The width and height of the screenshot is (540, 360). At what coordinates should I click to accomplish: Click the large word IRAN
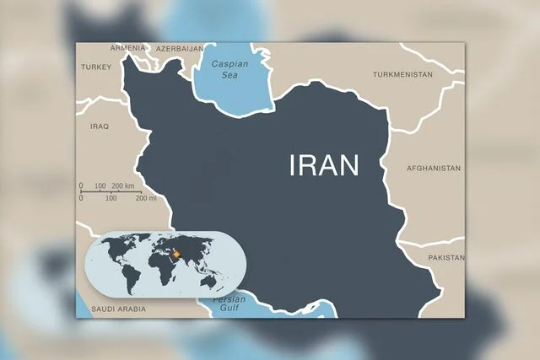[x=324, y=164]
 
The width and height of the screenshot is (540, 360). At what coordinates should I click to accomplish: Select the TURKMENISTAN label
[x=402, y=75]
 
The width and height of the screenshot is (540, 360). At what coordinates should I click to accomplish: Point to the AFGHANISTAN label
[x=433, y=169]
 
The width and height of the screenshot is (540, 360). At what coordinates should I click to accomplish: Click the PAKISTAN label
[x=445, y=256]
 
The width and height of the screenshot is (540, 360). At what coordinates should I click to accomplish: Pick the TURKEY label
[x=95, y=67]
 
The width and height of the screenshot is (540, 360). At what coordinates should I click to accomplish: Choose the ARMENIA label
[x=129, y=48]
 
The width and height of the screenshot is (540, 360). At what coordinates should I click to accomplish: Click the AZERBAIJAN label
[x=178, y=48]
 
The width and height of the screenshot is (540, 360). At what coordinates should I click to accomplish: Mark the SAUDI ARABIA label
[x=118, y=309]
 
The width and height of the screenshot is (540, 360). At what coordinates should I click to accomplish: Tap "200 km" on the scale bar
[x=123, y=185]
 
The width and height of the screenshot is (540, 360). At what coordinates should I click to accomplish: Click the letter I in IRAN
[x=294, y=164]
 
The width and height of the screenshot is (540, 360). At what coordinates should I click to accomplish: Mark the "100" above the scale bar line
[x=100, y=185]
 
